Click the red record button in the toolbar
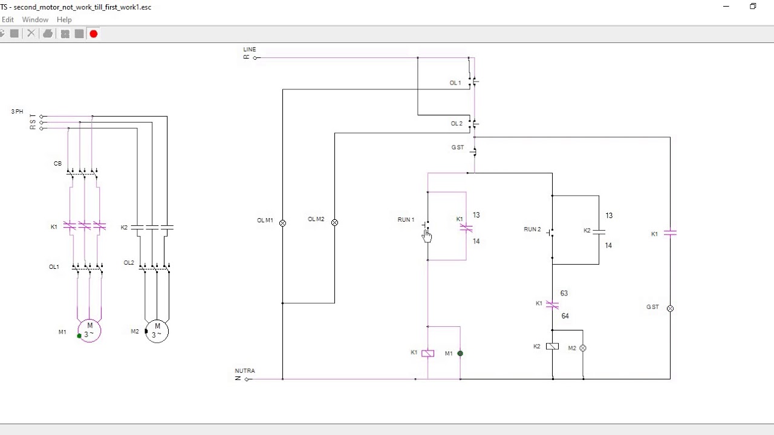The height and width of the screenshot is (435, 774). [x=94, y=34]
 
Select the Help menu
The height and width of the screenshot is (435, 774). [x=64, y=20]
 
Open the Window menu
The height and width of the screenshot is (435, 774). [x=35, y=20]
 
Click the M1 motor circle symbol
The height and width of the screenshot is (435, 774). [x=89, y=330]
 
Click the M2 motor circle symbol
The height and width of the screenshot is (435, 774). [x=157, y=331]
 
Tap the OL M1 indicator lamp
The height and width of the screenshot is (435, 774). [x=282, y=223]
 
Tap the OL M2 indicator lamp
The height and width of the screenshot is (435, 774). [x=334, y=222]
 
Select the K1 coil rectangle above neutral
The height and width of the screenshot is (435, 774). [x=428, y=353]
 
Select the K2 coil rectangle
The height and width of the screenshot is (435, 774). [x=552, y=347]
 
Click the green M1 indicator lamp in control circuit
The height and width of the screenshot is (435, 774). [x=460, y=353]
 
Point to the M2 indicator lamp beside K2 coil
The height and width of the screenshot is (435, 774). [x=583, y=349]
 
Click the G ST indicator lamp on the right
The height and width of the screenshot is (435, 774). [x=670, y=309]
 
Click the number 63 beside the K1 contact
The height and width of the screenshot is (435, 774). [x=564, y=294]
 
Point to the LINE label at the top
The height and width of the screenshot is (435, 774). [x=249, y=50]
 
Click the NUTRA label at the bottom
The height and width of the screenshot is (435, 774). [x=245, y=371]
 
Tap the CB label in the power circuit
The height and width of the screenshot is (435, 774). [x=58, y=164]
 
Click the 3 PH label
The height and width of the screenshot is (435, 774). [x=17, y=112]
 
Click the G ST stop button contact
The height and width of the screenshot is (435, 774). [x=474, y=151]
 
